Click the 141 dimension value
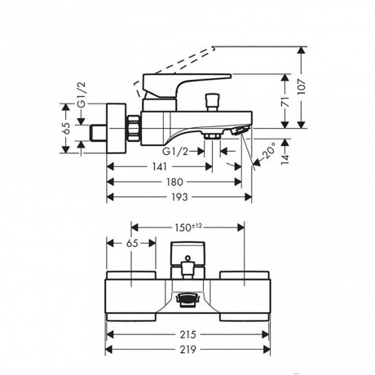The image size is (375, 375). pyautogui.click(x=159, y=166)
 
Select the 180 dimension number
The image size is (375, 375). pyautogui.click(x=174, y=182)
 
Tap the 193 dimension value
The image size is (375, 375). pyautogui.click(x=179, y=197)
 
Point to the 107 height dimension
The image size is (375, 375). pyautogui.click(x=302, y=87)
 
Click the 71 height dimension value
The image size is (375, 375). pyautogui.click(x=285, y=101)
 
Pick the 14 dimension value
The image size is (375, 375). pyautogui.click(x=285, y=159)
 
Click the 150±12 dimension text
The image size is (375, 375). pyautogui.click(x=187, y=227)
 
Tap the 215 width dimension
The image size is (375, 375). pyautogui.click(x=187, y=334)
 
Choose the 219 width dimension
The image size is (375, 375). pyautogui.click(x=187, y=349)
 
